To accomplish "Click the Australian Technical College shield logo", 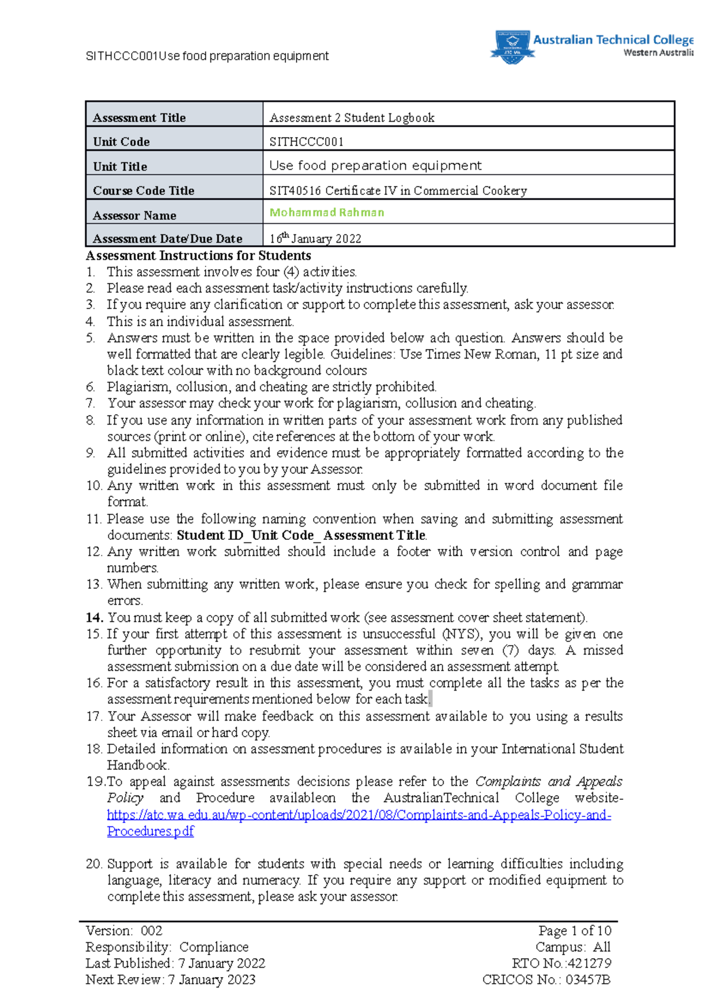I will click(512, 47).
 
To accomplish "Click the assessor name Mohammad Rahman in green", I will click(327, 213).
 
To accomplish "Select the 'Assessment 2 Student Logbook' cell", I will click(352, 118).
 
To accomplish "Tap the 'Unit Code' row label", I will click(121, 142).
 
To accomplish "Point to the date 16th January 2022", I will click(315, 238).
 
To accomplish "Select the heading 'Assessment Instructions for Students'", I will click(199, 256).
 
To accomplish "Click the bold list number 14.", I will click(95, 617).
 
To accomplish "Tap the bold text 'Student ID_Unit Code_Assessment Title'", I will click(301, 535).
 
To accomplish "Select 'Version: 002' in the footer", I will click(124, 931).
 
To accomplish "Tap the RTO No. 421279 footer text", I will click(561, 963).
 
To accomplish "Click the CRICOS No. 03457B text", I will click(546, 980).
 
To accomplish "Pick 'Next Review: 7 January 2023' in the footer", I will click(170, 980).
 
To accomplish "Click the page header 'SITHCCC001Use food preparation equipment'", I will click(207, 56).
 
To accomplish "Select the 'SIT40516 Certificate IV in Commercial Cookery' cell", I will click(398, 191).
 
